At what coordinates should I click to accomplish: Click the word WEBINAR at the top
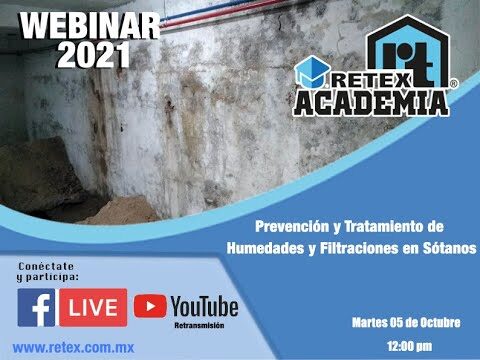[90, 27]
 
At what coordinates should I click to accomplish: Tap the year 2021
[94, 55]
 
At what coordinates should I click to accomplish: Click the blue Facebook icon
[36, 307]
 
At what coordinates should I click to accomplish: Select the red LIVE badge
[93, 307]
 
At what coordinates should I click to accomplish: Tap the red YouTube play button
[150, 306]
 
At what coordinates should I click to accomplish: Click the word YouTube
[204, 307]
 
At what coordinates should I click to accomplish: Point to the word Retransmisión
[199, 325]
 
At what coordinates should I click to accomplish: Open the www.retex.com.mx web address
[73, 348]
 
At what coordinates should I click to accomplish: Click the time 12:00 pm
[410, 346]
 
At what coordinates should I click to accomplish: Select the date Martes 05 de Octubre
[406, 322]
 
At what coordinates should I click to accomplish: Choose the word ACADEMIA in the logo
[371, 103]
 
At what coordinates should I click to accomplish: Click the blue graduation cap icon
[312, 72]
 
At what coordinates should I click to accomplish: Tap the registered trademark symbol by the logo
[453, 84]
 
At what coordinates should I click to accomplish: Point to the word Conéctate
[46, 266]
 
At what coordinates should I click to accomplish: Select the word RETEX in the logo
[371, 81]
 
